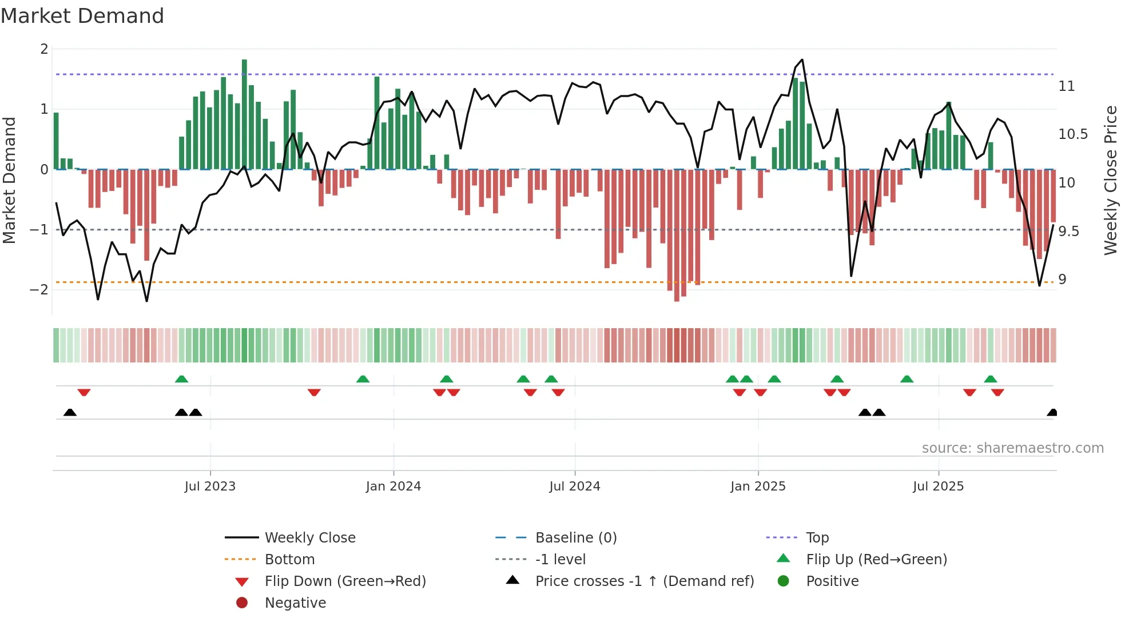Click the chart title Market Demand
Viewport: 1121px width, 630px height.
[x=82, y=16]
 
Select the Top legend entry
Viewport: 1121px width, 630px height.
[x=817, y=537]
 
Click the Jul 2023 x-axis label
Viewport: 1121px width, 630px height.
[x=210, y=487]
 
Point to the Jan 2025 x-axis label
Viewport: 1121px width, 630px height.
[x=758, y=487]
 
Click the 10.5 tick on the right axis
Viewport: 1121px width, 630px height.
[x=1073, y=134]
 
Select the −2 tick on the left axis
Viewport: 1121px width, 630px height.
[x=39, y=289]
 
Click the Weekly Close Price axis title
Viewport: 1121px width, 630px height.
[x=1110, y=180]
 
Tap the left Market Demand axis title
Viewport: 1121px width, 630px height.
[x=10, y=180]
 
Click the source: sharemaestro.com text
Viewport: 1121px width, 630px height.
[x=1012, y=448]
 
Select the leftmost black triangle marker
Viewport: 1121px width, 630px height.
[x=70, y=412]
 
